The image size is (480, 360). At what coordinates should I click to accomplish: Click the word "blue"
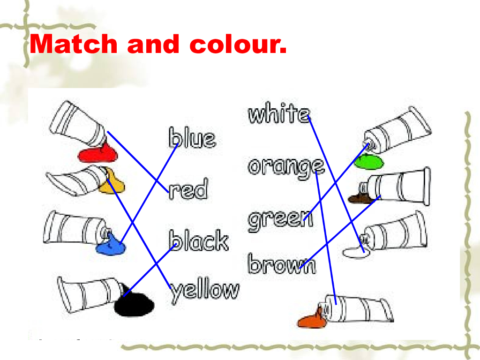[192, 138]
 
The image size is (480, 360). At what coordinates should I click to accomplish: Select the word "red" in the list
[188, 190]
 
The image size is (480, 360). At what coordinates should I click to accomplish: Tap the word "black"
[199, 241]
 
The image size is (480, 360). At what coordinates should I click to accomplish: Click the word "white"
[278, 114]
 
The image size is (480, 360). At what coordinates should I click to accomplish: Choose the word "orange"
[285, 167]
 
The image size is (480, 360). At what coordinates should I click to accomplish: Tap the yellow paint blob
[113, 185]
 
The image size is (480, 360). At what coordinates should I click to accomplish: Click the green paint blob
[368, 162]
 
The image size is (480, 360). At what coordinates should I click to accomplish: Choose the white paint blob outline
[356, 253]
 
